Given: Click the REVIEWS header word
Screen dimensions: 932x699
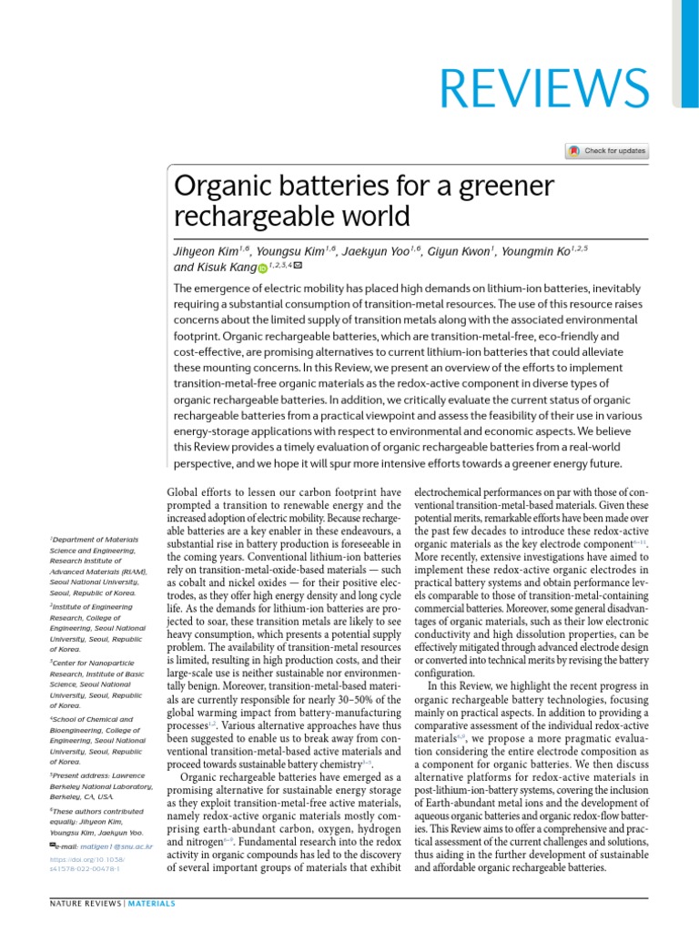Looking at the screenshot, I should [x=545, y=89].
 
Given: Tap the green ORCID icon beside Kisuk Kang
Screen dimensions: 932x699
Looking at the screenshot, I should [x=263, y=268].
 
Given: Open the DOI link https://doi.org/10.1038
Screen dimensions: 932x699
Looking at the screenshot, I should [x=86, y=859].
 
